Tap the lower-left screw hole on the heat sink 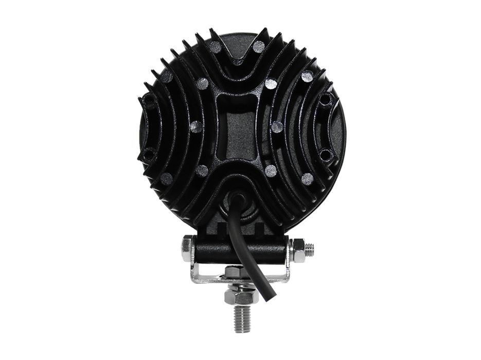(x=148, y=154)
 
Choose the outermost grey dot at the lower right (x=307, y=178)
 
